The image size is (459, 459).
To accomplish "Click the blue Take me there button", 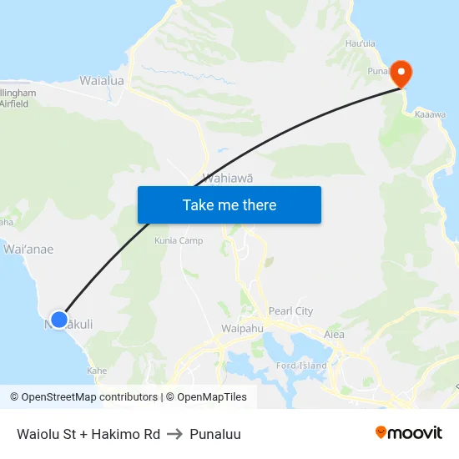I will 229,205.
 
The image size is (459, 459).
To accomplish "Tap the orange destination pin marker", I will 401,73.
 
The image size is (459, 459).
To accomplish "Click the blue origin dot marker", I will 58,319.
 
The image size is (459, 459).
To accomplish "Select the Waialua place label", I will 102,81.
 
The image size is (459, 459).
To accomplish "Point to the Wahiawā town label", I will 228,178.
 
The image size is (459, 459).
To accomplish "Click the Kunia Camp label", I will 179,240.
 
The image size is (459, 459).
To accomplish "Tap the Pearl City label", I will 290,311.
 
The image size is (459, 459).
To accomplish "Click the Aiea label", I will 334,334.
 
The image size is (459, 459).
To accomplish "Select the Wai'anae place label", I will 29,249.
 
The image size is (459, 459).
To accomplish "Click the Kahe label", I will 97,370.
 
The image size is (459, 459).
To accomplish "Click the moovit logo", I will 409,432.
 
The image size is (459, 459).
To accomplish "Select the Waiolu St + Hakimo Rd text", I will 88,434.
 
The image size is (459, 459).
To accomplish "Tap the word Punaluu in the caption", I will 215,434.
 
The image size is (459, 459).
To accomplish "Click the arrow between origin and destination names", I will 175,434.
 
